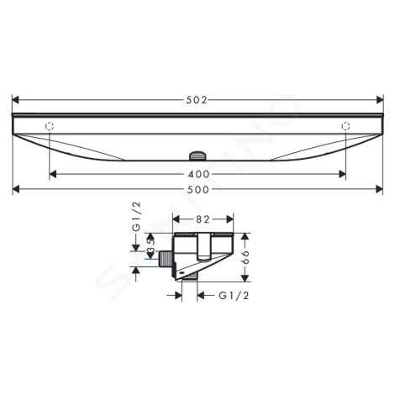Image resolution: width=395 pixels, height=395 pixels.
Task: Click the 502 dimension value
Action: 197,100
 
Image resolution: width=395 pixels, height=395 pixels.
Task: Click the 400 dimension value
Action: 198,174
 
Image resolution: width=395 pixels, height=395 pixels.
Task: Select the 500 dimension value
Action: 198,190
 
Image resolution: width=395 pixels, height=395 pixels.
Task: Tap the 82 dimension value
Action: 203,219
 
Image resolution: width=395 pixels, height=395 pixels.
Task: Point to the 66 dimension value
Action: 245,257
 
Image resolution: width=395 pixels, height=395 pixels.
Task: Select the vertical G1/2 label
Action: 136,217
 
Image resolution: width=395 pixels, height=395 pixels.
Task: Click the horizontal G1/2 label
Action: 234,296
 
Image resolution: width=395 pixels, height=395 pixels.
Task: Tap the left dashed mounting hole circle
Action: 50,126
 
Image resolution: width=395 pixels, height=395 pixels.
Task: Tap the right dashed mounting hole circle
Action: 345,126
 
